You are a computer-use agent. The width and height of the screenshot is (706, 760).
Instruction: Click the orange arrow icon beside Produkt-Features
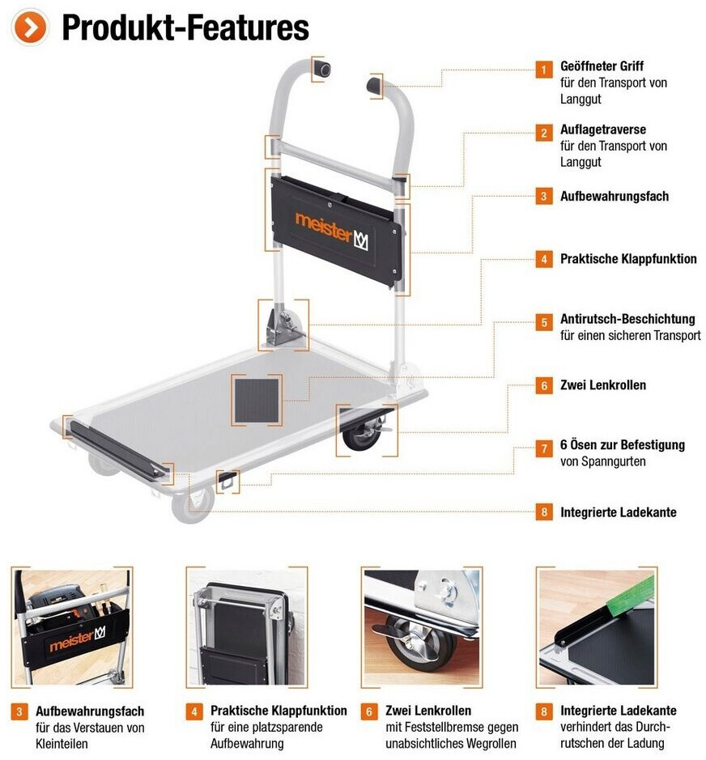(x=30, y=28)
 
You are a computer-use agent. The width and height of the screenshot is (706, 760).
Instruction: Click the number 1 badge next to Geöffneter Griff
(x=543, y=70)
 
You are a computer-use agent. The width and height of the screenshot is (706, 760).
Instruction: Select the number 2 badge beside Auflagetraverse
(x=543, y=133)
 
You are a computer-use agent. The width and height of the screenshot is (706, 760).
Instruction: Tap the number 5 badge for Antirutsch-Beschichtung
(x=543, y=322)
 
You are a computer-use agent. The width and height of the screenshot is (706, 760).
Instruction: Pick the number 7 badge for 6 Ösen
(x=543, y=448)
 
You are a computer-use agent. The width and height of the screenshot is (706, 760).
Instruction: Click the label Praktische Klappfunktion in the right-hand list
(x=628, y=259)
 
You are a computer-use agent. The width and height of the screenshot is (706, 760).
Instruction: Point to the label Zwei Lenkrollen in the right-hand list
(x=603, y=385)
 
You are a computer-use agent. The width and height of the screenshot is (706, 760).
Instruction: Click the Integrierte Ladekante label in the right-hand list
(x=619, y=512)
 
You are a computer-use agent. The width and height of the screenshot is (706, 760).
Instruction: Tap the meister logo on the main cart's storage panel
(x=332, y=231)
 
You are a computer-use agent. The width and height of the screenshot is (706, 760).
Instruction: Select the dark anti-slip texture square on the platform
(x=257, y=401)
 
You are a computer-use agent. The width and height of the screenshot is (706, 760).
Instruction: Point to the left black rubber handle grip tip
(x=321, y=69)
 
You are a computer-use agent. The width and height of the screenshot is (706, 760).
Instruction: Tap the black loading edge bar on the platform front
(x=117, y=450)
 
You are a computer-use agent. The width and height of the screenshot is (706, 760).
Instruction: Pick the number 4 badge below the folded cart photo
(x=194, y=711)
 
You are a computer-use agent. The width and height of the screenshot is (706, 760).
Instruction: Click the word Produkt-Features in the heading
(x=185, y=28)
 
